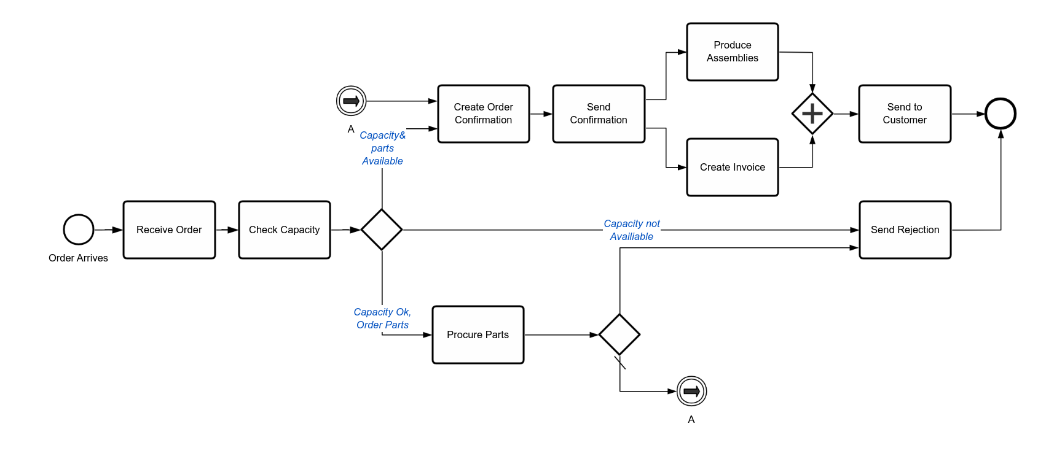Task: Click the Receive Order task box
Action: (x=169, y=230)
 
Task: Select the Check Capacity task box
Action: (x=284, y=230)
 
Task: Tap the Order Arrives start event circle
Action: (x=79, y=230)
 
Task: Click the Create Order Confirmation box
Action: (x=483, y=114)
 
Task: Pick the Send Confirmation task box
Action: (x=599, y=114)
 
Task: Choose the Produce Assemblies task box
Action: (x=732, y=52)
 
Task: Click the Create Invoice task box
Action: (x=732, y=167)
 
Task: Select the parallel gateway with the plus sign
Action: (x=812, y=114)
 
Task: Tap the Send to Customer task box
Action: (x=905, y=114)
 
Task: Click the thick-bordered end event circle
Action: (x=1000, y=114)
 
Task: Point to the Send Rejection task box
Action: (x=905, y=230)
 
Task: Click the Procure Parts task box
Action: (x=478, y=334)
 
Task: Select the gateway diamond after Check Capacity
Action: (x=382, y=230)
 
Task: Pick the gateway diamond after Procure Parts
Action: (x=619, y=334)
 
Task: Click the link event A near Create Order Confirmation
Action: (x=351, y=101)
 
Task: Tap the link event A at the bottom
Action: (x=691, y=391)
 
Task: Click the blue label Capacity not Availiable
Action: (x=631, y=230)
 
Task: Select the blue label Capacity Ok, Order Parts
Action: (x=382, y=319)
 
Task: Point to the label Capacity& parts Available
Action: (x=382, y=148)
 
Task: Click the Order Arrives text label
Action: (x=78, y=258)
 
